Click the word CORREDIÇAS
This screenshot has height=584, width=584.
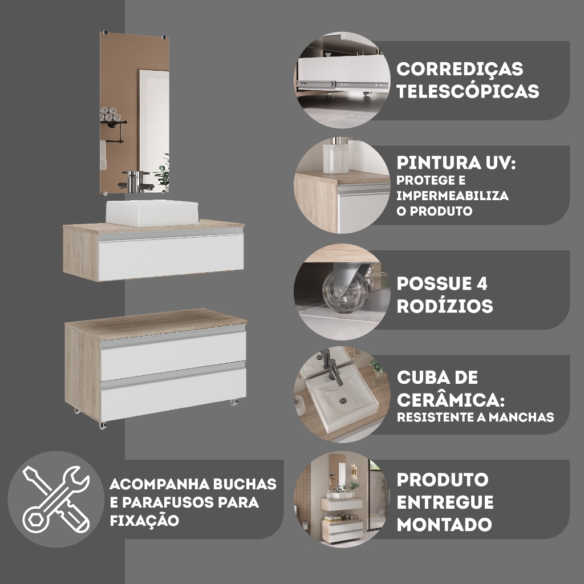(460, 69)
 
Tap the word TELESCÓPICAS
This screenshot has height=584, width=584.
(468, 91)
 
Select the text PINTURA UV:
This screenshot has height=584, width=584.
(456, 163)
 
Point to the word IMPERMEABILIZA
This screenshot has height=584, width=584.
(452, 196)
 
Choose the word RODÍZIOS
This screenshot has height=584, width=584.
(445, 306)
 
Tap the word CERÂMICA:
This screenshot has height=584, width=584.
(451, 400)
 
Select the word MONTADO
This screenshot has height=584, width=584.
(444, 525)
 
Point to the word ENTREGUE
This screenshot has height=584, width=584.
(445, 502)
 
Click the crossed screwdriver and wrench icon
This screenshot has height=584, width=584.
(56, 499)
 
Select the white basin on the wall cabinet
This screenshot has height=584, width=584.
(152, 213)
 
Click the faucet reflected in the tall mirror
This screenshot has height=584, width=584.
(136, 181)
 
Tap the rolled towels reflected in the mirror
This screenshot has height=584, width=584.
(110, 114)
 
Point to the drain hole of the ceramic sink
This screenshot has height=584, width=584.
(343, 400)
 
